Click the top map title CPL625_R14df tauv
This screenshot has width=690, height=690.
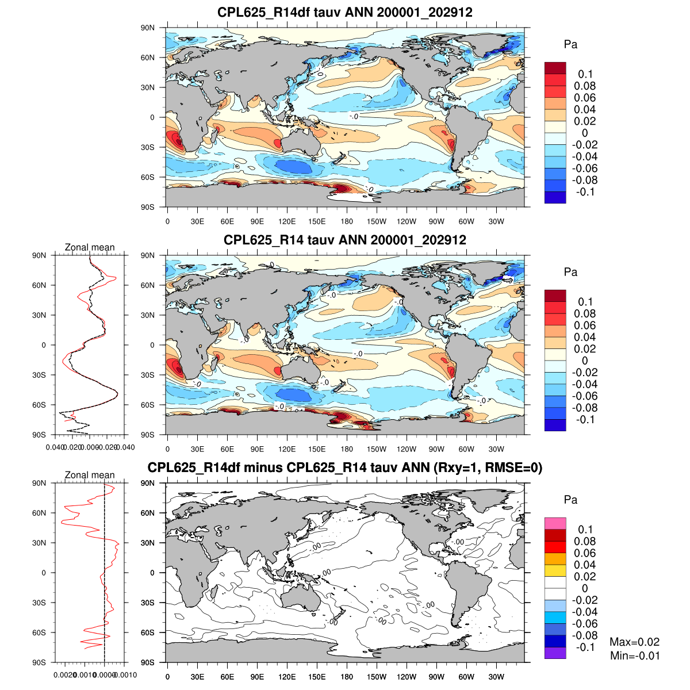coord(345,12)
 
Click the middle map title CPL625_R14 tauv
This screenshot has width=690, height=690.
coord(345,240)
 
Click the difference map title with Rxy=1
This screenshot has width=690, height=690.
coord(345,467)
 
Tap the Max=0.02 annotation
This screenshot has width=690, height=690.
coord(634,642)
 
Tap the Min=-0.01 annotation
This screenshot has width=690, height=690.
coord(634,655)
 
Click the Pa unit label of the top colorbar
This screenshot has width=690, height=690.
coord(570,45)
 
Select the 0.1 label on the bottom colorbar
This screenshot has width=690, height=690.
coord(585,530)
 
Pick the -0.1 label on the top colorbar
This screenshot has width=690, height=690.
coord(584,191)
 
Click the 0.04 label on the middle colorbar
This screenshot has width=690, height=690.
coord(584,337)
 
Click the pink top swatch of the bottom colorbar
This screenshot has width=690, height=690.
coord(555,523)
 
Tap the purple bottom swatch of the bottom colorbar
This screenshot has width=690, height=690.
coord(555,653)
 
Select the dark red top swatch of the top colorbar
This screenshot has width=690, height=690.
coord(555,68)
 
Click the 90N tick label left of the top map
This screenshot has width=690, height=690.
coord(148,28)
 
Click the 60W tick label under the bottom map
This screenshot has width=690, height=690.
coord(466,677)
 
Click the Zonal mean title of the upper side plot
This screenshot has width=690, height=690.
coord(90,247)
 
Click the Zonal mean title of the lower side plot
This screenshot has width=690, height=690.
coord(90,475)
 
